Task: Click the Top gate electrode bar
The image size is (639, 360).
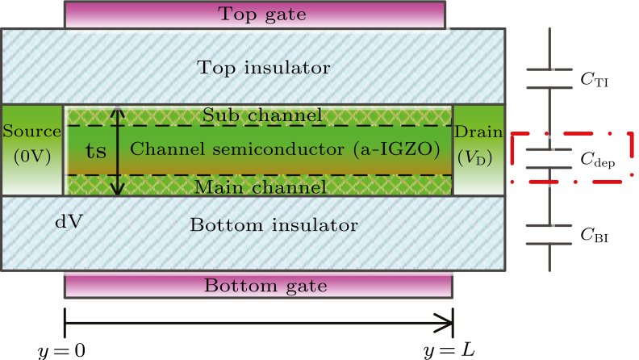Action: (253, 14)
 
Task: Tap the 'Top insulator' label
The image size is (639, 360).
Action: (253, 67)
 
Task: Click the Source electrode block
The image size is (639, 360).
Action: (32, 149)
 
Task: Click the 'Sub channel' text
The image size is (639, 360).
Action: (262, 115)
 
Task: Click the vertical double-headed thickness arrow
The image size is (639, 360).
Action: (119, 150)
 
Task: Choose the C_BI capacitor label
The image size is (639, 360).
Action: (594, 236)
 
